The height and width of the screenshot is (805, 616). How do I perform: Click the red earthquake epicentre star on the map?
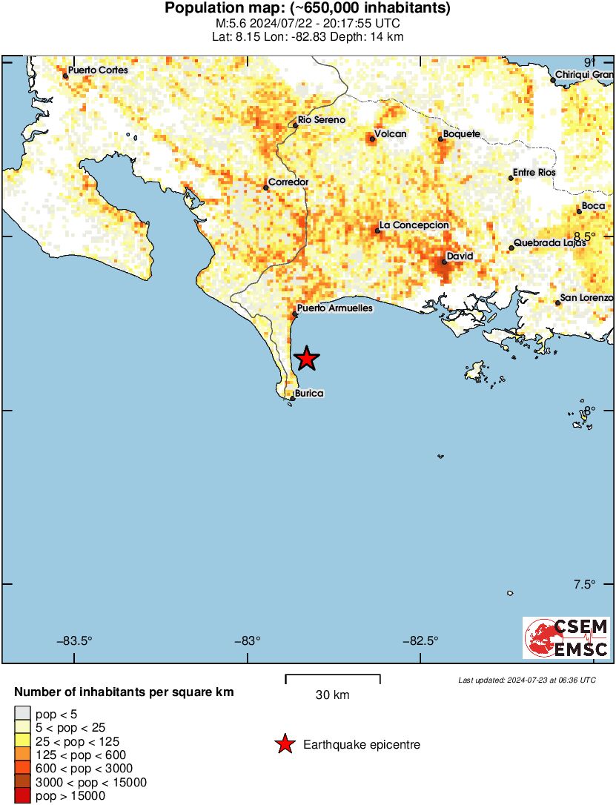(306, 359)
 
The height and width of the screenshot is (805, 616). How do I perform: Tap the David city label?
(459, 256)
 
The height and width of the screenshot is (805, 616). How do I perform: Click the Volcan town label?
(391, 134)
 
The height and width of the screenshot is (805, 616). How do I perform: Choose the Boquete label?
(461, 134)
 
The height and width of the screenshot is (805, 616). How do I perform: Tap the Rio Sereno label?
(321, 120)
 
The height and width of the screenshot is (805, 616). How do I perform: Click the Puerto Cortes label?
(97, 70)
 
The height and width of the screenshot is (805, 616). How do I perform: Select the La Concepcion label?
(414, 225)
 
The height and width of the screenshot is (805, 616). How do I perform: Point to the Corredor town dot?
(266, 188)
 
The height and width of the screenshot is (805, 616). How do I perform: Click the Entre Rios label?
(534, 173)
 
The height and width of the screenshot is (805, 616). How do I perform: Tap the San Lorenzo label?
(587, 298)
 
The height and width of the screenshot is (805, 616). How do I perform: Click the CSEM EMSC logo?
(566, 637)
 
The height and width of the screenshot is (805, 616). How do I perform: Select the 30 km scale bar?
(333, 678)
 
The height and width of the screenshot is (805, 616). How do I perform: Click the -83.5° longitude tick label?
(75, 642)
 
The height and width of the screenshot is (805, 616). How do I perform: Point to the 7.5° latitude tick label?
(584, 584)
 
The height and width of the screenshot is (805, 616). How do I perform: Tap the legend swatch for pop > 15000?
(23, 796)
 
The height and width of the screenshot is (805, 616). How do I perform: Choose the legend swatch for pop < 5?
(23, 713)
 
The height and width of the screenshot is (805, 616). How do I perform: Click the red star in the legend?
(284, 744)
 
